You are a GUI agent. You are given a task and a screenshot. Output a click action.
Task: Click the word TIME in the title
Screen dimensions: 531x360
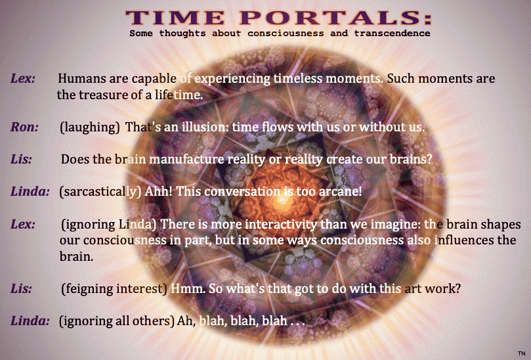tap(175, 18)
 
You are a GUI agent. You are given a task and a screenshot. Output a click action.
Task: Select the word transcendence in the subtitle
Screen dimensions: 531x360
tap(392, 34)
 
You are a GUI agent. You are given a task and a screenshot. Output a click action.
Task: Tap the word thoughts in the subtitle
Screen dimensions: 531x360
tap(182, 34)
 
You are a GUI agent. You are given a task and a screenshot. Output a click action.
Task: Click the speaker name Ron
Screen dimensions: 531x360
tap(24, 127)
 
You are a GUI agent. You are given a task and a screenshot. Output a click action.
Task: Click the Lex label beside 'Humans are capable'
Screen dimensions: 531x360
tap(23, 79)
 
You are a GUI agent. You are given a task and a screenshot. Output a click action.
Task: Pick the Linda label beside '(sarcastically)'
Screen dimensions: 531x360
tap(30, 192)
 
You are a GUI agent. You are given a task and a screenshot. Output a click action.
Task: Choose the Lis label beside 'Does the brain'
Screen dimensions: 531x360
tap(21, 160)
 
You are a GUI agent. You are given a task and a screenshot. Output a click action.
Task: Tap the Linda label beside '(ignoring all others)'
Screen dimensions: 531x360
tap(30, 321)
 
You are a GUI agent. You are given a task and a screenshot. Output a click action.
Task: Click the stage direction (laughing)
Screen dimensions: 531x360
tap(90, 127)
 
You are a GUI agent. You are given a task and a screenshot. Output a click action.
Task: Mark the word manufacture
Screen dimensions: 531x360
tap(186, 160)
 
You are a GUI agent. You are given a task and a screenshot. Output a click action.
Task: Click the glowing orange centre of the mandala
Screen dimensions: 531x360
tap(282, 200)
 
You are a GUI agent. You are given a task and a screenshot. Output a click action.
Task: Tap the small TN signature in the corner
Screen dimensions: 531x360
tap(522, 353)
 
